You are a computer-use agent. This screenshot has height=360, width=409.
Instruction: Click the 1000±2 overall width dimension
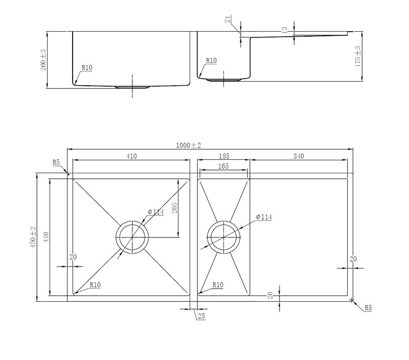pyautogui.click(x=188, y=146)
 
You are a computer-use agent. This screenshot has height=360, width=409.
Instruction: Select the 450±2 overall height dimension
pyautogui.click(x=33, y=237)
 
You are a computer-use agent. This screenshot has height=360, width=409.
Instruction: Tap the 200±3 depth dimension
pyautogui.click(x=43, y=60)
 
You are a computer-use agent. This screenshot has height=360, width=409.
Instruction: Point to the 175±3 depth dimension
pyautogui.click(x=358, y=56)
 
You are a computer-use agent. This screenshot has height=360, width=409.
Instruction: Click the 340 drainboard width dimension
pyautogui.click(x=299, y=156)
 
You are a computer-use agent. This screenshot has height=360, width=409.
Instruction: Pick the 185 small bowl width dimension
pyautogui.click(x=224, y=156)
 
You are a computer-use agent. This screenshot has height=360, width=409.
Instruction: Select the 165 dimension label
pyautogui.click(x=223, y=166)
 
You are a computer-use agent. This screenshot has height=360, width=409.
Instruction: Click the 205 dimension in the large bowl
pyautogui.click(x=174, y=208)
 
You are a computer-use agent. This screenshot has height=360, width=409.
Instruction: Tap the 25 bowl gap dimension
pyautogui.click(x=201, y=316)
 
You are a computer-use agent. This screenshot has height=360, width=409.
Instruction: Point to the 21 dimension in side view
pyautogui.click(x=228, y=19)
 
